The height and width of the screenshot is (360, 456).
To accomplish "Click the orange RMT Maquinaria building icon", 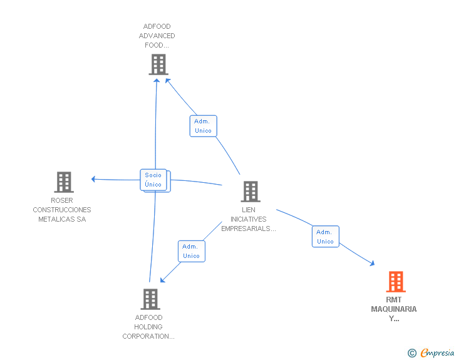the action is tap(396, 282).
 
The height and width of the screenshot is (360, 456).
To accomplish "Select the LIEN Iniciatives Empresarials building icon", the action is tap(251, 192).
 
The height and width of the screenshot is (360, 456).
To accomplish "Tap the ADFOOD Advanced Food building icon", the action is tap(158, 64).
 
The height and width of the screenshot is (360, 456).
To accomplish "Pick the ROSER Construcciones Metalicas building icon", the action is tap(64, 182).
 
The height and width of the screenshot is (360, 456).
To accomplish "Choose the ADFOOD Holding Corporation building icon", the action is tap(150, 299).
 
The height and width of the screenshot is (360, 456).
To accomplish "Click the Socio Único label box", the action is tap(153, 180).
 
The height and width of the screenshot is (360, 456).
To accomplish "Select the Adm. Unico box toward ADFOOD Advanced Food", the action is tap(204, 126).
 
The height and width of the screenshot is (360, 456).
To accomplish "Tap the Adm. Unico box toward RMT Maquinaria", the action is tap(326, 237).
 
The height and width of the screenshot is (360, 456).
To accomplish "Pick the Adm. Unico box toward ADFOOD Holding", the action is tap(192, 251).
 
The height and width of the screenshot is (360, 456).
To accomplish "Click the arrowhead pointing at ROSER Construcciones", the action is tap(93, 179).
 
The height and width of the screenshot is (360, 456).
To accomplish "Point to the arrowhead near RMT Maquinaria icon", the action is tap(372, 263).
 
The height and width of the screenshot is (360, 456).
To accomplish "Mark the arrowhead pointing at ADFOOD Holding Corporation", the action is tap(163, 280).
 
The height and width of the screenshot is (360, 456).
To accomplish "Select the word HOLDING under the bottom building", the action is tap(148, 327).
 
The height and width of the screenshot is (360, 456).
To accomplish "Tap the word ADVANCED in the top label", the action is tap(157, 36).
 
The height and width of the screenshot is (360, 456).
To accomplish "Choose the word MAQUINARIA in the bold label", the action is tap(394, 309).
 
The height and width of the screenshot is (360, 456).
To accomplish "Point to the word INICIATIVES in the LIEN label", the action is tap(248, 219).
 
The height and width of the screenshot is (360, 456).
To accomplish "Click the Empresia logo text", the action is tap(437, 353).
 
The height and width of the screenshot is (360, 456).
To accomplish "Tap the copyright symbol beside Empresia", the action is tap(412, 353).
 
